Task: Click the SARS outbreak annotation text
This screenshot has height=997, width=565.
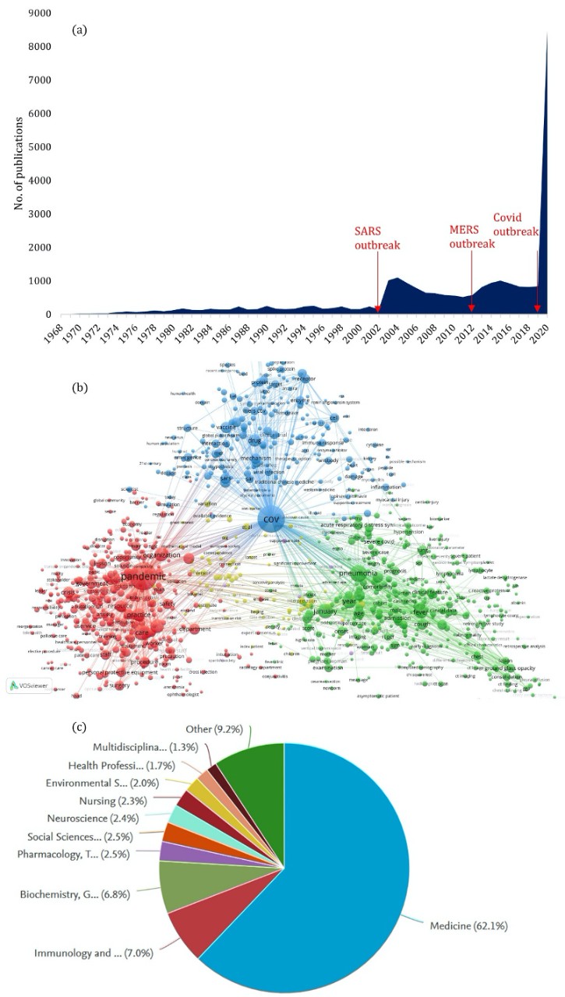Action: point(377,238)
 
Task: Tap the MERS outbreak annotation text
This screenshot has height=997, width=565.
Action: point(472,237)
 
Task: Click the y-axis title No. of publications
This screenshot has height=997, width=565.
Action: point(18,164)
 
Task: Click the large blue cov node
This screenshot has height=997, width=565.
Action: point(270,520)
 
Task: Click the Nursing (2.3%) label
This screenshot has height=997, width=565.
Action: point(114,798)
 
